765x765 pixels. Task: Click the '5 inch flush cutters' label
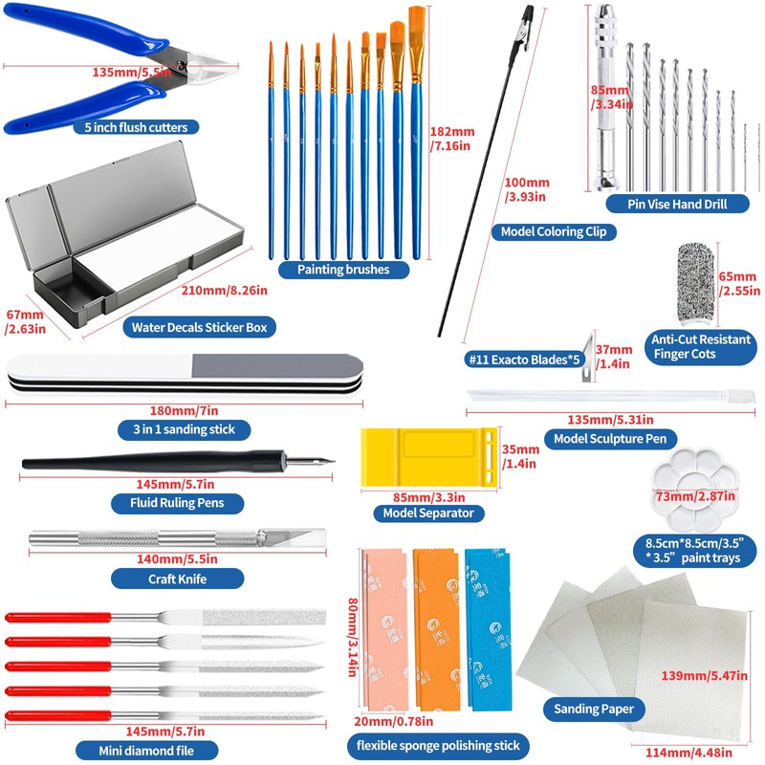click(142, 126)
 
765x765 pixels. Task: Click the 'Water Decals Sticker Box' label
click(200, 327)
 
